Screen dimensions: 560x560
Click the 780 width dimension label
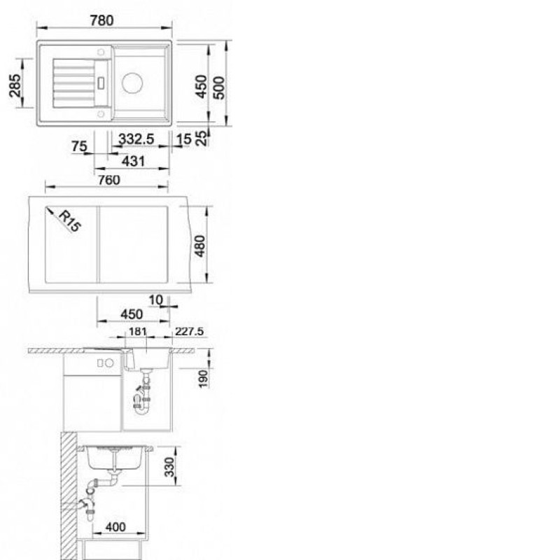pos(101,20)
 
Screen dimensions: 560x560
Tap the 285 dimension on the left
pos(15,85)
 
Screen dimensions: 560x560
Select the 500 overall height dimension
pos(219,87)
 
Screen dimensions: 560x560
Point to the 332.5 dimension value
pos(136,139)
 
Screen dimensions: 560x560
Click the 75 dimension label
pos(79,146)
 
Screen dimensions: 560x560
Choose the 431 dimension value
pos(133,162)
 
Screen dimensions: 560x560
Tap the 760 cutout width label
pos(109,180)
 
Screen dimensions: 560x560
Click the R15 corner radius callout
pos(70,221)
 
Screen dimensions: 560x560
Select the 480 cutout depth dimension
pos(200,246)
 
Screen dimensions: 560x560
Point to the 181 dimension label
pos(137,332)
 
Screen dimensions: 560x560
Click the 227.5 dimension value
pos(189,332)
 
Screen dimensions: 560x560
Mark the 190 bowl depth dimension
pos(203,379)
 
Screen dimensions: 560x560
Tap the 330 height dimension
pos(169,467)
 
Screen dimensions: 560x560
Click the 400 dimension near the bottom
pos(115,527)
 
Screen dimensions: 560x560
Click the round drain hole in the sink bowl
pos(132,83)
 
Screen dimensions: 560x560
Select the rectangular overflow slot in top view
pos(101,83)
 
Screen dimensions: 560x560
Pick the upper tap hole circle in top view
pos(101,52)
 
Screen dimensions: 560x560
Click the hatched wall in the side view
pos(69,496)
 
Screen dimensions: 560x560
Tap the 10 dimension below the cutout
pos(155,300)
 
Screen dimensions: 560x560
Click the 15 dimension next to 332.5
pos(184,139)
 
